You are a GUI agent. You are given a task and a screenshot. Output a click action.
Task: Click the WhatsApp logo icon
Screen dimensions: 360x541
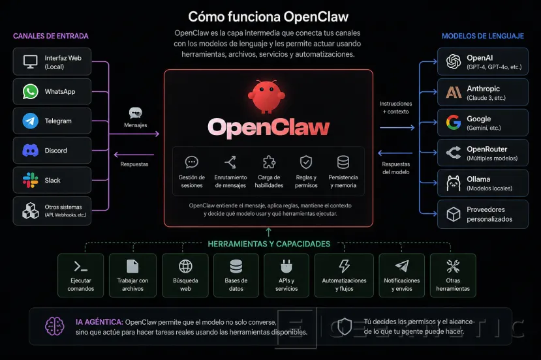tap(31, 92)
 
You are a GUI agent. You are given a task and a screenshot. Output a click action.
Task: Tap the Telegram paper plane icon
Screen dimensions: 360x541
tap(31, 121)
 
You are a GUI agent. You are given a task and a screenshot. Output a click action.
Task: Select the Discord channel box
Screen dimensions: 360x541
tap(52, 151)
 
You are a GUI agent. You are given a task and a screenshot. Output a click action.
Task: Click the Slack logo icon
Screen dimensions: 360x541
tap(31, 180)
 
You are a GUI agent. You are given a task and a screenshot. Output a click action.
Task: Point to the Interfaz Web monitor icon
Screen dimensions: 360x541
tap(31, 63)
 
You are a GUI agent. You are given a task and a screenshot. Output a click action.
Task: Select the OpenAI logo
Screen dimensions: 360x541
tap(454, 62)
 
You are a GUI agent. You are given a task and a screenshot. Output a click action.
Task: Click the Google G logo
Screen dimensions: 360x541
tap(454, 122)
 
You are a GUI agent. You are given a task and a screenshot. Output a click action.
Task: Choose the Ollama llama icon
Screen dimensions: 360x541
tap(454, 184)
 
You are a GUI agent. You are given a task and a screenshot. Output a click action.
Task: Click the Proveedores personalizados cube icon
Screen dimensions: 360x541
tap(454, 214)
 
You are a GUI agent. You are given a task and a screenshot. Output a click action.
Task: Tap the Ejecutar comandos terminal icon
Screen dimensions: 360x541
tap(81, 266)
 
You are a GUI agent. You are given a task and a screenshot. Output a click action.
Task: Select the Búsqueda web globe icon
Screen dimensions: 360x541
tap(185, 266)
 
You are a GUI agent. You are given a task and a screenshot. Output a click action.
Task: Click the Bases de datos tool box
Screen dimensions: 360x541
tap(236, 275)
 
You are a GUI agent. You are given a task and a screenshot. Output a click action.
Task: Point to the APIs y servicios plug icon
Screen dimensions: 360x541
tap(286, 266)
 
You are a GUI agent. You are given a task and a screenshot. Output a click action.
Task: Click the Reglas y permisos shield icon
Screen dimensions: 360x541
tap(305, 162)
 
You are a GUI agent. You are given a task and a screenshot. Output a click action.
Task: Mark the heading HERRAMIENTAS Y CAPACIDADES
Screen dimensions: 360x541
tap(269, 244)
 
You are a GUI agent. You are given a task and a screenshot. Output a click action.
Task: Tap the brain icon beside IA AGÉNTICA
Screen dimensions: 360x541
tap(54, 326)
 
